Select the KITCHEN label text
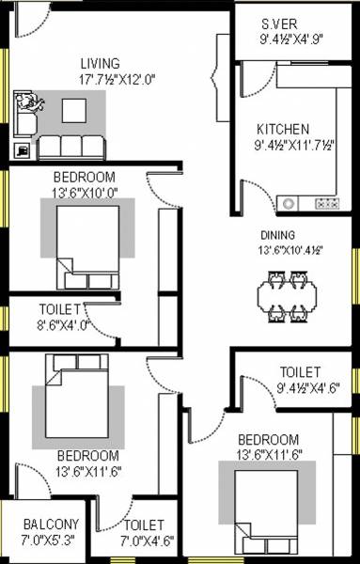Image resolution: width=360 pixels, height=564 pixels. coord(283,129)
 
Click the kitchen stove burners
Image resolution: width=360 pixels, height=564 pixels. coord(326,202)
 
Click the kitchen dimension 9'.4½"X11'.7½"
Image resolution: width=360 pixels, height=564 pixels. coord(295,147)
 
